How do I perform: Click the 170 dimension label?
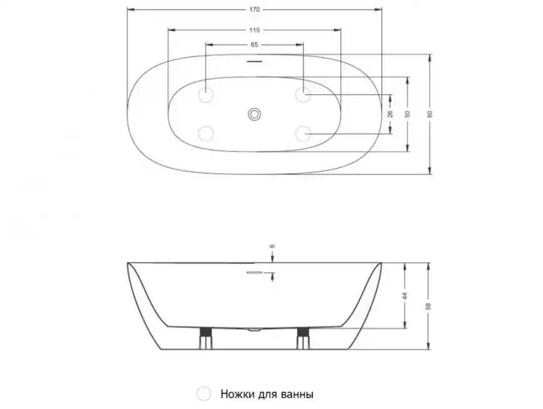point(255,9)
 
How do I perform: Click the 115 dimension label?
point(255,30)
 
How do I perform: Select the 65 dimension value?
point(255,45)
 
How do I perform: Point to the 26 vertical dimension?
point(390,114)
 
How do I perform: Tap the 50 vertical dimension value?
point(407,114)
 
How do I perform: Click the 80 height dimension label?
point(430,114)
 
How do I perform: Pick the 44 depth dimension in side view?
point(405,295)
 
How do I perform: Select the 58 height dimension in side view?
point(428,307)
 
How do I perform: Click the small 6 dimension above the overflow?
point(273,247)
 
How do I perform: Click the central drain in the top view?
point(255,114)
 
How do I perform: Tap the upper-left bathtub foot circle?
point(206,95)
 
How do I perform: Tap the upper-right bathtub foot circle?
point(303,95)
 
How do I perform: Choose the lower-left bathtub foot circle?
point(206,133)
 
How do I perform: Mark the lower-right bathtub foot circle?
point(303,133)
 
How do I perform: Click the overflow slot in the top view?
point(255,62)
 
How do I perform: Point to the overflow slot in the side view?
point(255,273)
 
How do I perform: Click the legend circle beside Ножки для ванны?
point(204,394)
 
